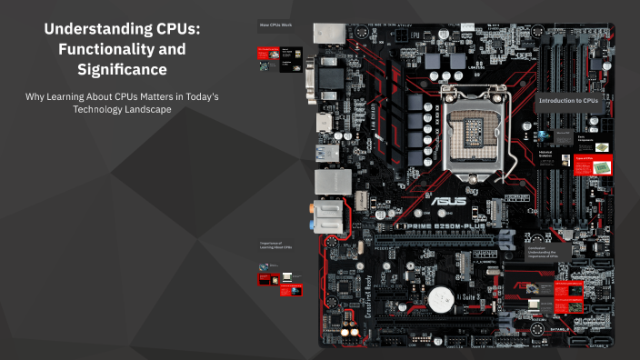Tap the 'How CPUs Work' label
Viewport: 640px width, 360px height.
pyautogui.click(x=275, y=24)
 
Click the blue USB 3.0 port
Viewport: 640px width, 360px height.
pyautogui.click(x=327, y=154)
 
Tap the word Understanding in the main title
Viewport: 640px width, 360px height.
pyautogui.click(x=88, y=29)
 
